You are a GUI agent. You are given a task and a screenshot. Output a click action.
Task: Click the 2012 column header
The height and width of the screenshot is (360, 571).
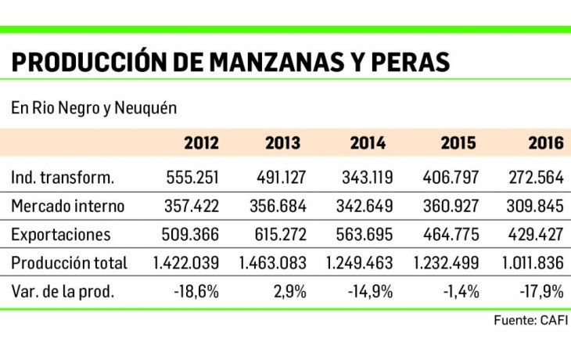coord(201,143)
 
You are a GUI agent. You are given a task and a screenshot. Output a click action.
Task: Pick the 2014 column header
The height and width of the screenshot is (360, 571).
coord(367,143)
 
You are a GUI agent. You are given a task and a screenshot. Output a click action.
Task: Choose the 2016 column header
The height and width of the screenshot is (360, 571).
coord(545,143)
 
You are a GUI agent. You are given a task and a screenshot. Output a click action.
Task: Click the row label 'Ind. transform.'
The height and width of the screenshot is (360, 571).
coord(63,178)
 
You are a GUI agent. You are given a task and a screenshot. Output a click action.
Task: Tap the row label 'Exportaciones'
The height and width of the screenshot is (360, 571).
coord(61,235)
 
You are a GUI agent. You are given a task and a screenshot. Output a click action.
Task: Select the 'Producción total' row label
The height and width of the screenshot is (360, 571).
coord(70,264)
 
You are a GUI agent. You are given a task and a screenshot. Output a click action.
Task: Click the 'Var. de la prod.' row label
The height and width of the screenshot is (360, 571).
coord(63,292)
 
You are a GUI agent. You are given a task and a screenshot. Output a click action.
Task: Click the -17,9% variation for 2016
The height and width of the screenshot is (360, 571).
coord(541,292)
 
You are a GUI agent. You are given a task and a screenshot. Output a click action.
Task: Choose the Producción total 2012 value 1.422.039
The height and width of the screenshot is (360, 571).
coord(181,264)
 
